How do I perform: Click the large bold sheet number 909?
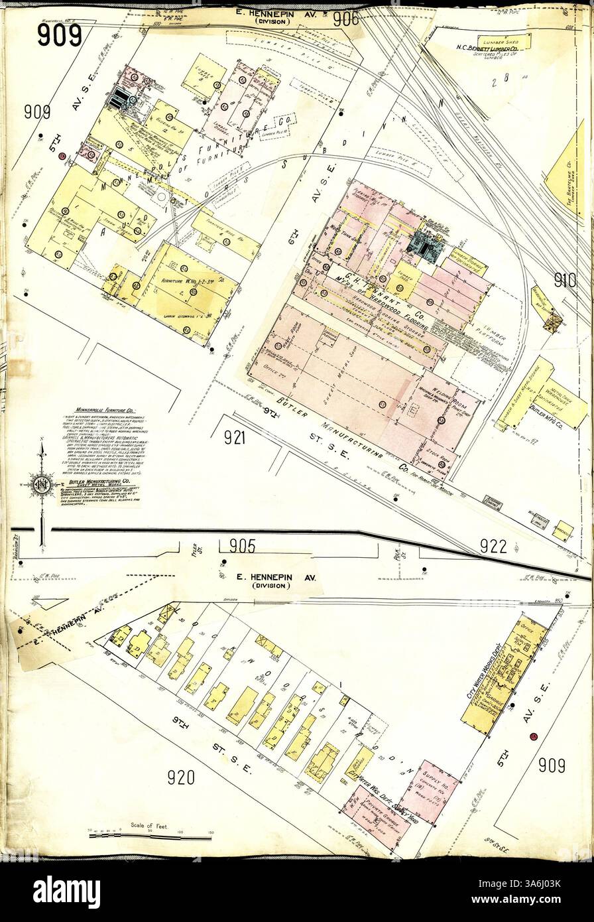pyautogui.click(x=59, y=34)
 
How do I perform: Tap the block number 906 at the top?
pyautogui.click(x=345, y=19)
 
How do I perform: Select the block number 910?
pyautogui.click(x=565, y=281)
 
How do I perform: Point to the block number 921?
pyautogui.click(x=234, y=437)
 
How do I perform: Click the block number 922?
pyautogui.click(x=493, y=546)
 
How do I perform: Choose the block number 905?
pyautogui.click(x=242, y=546)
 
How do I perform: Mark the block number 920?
pyautogui.click(x=180, y=777)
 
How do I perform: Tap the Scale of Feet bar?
pyautogui.click(x=150, y=838)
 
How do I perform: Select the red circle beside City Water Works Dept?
pyautogui.click(x=533, y=737)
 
